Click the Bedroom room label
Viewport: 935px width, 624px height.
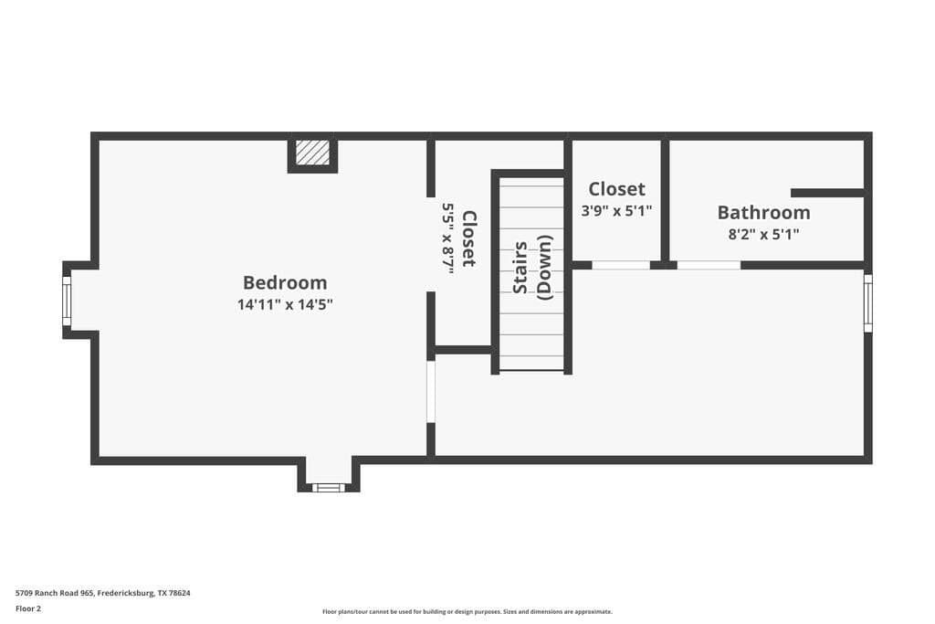click(285, 282)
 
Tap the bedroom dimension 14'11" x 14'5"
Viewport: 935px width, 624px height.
click(285, 305)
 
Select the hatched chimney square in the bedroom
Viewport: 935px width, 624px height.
click(312, 153)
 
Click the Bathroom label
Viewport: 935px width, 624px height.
click(763, 212)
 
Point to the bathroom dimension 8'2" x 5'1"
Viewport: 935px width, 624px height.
click(763, 234)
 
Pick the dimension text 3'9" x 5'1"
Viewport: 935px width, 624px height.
click(616, 210)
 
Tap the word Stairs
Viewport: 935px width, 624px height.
click(520, 268)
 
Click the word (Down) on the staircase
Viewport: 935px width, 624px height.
click(544, 268)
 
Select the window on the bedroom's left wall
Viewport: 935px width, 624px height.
click(67, 301)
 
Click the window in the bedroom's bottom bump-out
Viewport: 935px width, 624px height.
click(329, 487)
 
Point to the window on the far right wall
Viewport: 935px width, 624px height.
click(868, 302)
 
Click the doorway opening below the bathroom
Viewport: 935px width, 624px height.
click(709, 265)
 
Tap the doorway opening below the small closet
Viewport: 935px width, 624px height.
click(621, 265)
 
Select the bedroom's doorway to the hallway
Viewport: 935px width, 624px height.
click(431, 392)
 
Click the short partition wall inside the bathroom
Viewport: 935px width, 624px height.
click(827, 193)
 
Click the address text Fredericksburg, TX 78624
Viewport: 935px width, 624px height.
click(143, 593)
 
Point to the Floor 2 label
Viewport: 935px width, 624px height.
click(28, 609)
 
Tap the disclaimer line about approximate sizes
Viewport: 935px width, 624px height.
click(467, 611)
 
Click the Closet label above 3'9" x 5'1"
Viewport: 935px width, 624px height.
click(616, 189)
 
